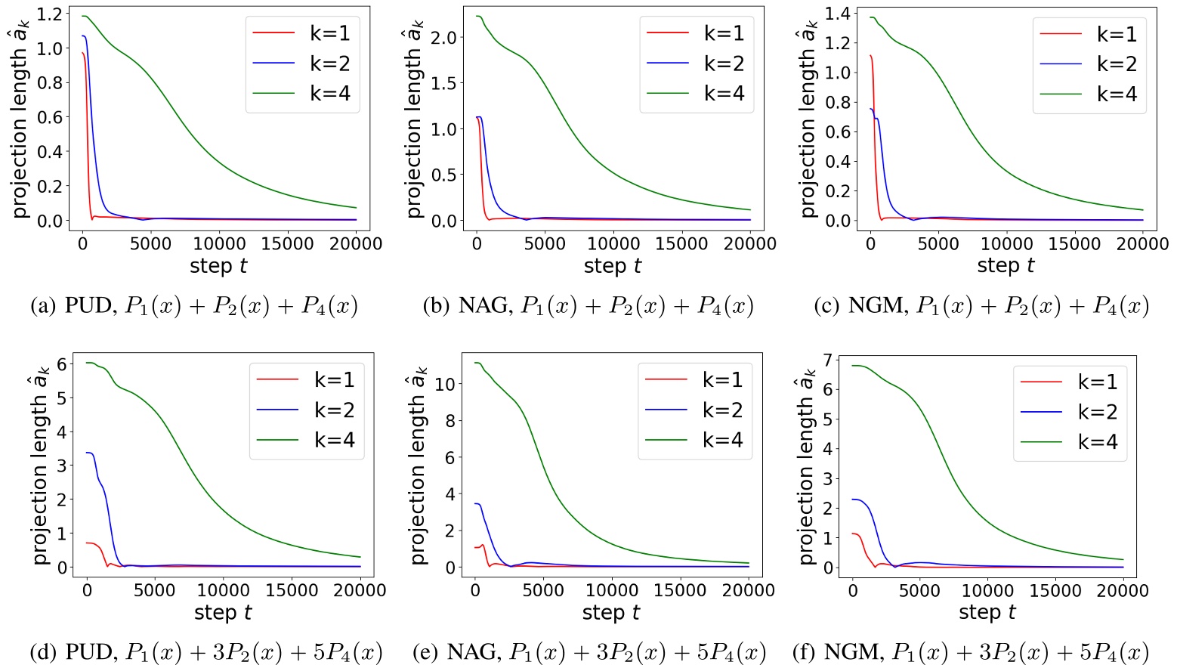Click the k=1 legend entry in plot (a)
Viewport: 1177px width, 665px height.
(x=302, y=33)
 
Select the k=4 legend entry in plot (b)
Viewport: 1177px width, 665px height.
(x=696, y=94)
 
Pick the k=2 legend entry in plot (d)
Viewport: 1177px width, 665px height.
(x=306, y=410)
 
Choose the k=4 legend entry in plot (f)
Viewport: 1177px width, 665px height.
(x=1069, y=442)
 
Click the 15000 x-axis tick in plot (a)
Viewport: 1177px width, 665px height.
(x=288, y=244)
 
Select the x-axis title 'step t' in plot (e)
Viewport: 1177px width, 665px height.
(x=610, y=613)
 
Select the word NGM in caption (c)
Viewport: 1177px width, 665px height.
(x=879, y=306)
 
